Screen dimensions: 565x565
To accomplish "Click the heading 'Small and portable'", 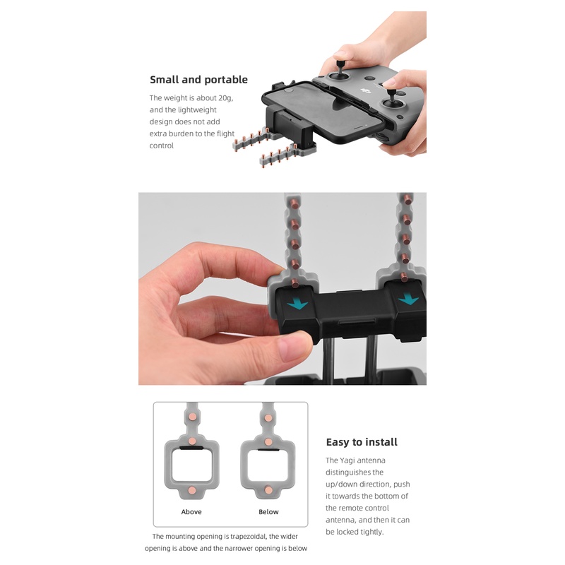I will point(198,80).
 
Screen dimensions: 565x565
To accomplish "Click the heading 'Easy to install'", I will point(362,442).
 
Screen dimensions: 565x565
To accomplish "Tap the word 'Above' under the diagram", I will point(191,512).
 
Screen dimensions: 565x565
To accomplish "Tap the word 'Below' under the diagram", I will point(268,512).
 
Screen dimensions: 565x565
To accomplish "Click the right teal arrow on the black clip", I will point(408,299).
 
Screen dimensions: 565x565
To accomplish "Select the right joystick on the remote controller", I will point(393,104).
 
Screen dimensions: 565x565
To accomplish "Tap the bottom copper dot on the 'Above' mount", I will point(191,489).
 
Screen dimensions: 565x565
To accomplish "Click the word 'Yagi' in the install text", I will point(352,460).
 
